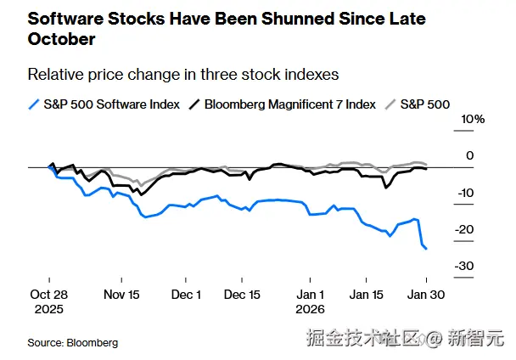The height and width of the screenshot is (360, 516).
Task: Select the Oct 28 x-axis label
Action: [48, 295]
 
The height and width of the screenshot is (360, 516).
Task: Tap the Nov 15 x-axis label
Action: [121, 295]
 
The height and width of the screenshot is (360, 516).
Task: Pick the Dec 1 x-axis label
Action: [187, 295]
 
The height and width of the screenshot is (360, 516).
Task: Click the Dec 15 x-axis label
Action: [243, 295]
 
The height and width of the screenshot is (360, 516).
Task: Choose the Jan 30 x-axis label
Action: [427, 295]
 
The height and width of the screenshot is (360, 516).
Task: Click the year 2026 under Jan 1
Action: [311, 309]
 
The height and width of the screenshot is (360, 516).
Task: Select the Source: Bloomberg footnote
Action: [72, 342]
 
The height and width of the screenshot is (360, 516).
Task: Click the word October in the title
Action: [61, 39]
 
